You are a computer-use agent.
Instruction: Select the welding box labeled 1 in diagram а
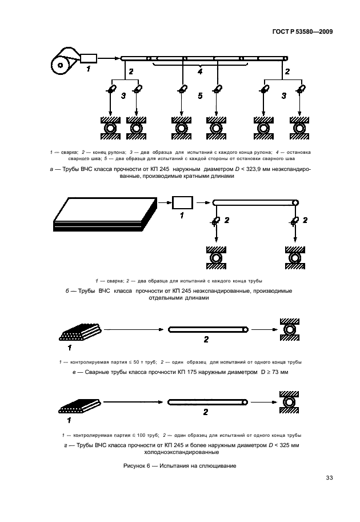click(89, 58)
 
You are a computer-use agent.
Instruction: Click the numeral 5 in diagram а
click(200, 96)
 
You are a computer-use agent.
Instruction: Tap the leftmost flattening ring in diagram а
click(108, 127)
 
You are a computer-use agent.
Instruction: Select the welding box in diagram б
click(182, 202)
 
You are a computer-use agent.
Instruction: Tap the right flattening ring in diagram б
click(295, 257)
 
